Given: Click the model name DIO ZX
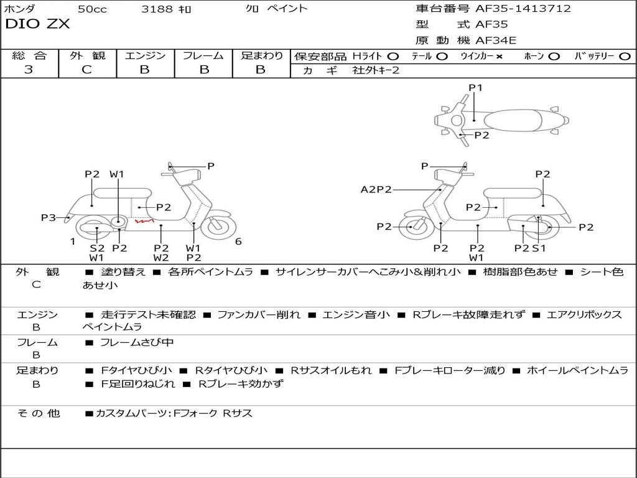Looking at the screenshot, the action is click(x=37, y=24).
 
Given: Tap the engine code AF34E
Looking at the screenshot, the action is click(x=496, y=40).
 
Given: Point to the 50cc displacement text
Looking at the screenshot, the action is click(x=91, y=9).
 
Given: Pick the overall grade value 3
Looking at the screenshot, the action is click(x=29, y=70).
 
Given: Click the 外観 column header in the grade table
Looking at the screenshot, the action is click(x=87, y=55).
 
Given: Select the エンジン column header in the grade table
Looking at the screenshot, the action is click(x=145, y=55).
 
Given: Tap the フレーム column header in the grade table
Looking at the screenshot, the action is click(x=203, y=55).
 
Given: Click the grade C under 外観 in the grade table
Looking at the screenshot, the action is click(x=87, y=70).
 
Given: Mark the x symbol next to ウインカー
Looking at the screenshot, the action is click(x=500, y=56).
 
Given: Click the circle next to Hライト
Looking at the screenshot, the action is click(x=393, y=56).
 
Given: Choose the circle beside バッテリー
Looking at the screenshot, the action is click(x=625, y=56).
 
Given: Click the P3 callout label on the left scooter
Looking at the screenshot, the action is click(x=49, y=217).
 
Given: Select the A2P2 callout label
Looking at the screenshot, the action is click(x=376, y=189).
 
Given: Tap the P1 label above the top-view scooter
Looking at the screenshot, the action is click(x=475, y=88).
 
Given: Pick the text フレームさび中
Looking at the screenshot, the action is click(x=137, y=342).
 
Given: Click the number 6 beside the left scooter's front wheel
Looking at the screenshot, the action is click(x=238, y=241).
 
